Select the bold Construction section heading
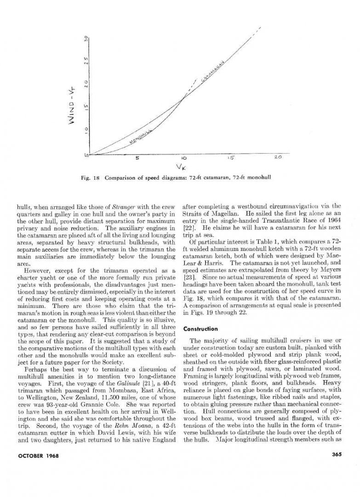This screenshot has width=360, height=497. tap(201, 329)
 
